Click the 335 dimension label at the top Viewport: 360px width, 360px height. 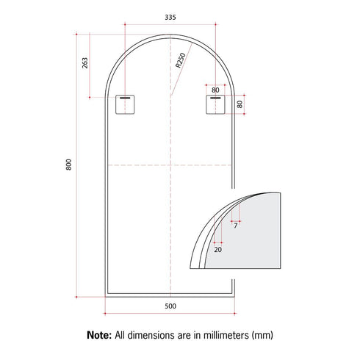point(170,17)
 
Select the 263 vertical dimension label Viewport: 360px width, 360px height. point(84,63)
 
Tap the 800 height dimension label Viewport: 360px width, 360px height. point(69,165)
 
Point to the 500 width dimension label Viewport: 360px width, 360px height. point(170,306)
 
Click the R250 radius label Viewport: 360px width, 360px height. point(181,60)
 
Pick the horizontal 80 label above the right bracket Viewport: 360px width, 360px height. point(215,90)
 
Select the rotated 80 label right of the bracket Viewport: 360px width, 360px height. point(240,104)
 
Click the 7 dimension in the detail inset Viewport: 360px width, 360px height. point(236,226)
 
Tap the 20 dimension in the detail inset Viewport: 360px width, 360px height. point(217,250)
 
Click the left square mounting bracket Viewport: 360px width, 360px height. point(125,104)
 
